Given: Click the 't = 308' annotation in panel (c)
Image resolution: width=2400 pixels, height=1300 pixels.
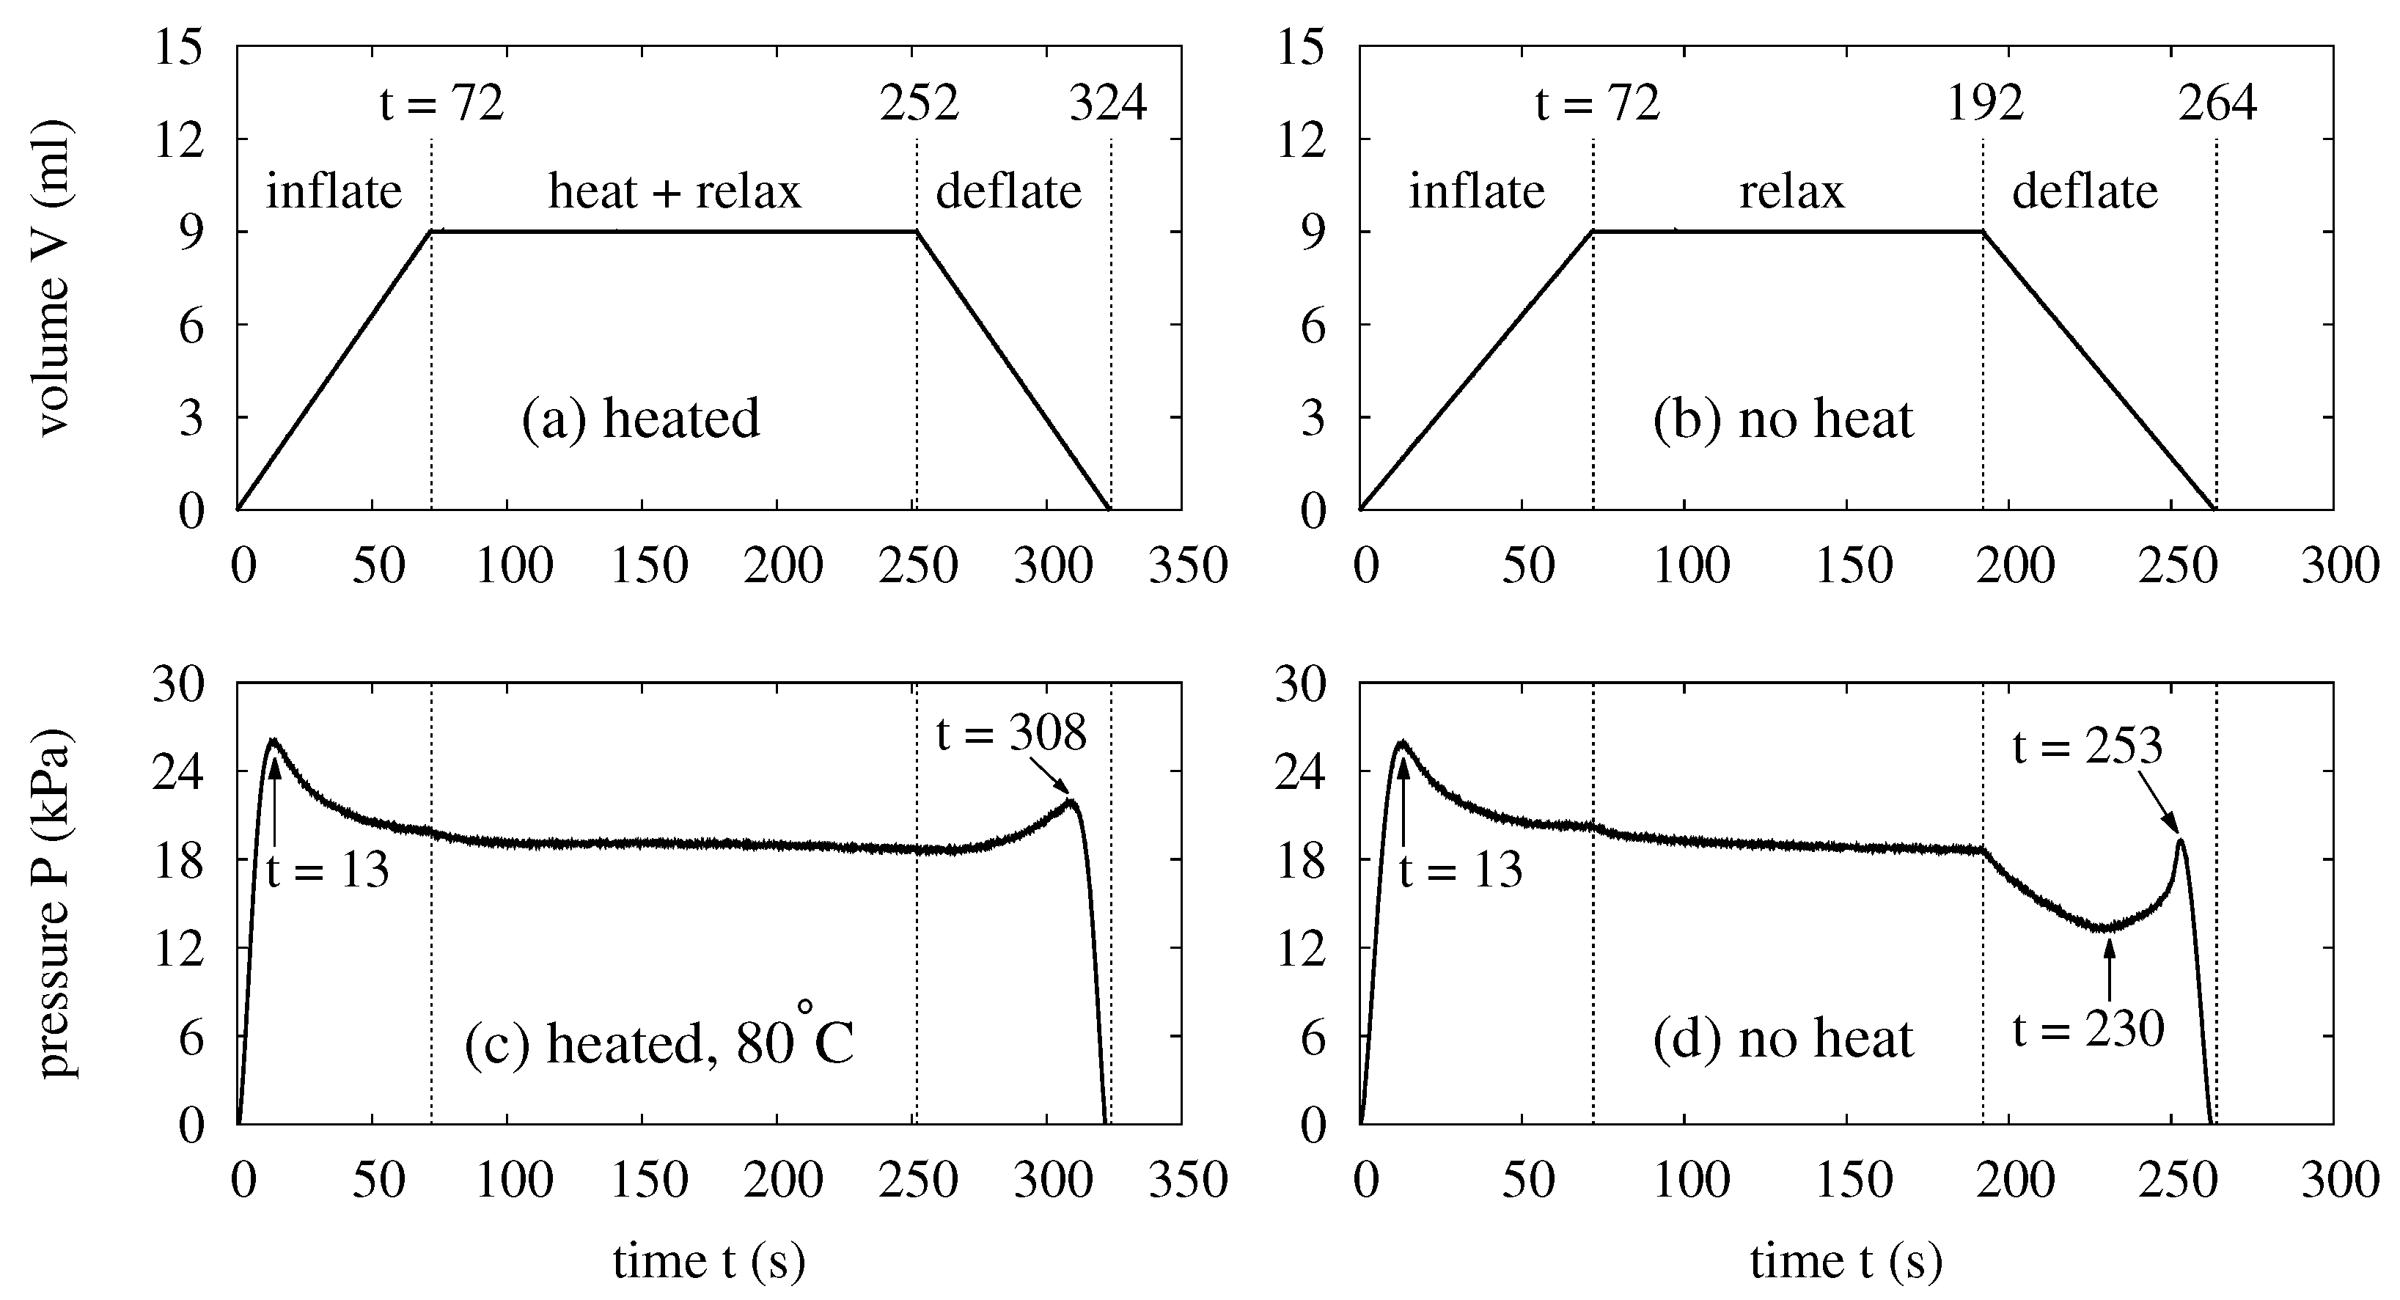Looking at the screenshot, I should click(x=1011, y=735).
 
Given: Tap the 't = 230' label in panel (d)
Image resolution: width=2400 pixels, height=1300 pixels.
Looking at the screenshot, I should click(x=2087, y=1029).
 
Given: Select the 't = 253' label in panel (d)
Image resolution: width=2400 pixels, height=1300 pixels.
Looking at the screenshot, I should click(x=2087, y=746).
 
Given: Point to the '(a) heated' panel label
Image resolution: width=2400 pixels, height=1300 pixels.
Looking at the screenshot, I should click(x=640, y=419).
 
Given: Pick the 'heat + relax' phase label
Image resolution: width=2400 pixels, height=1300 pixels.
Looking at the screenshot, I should click(x=674, y=192).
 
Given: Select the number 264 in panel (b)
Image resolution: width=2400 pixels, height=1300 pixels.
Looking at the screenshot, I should click(x=2217, y=103).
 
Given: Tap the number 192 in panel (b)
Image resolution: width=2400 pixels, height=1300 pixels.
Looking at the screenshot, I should click(x=1984, y=103).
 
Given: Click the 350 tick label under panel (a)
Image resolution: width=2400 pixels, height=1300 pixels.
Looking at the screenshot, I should click(x=1188, y=565).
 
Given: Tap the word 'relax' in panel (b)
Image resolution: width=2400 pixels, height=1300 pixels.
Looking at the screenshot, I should click(x=1791, y=192).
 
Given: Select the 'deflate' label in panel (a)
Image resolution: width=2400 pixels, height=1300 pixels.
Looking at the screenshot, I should click(x=1008, y=192).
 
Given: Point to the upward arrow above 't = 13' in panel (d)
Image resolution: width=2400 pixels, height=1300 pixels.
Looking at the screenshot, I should click(x=1402, y=801).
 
